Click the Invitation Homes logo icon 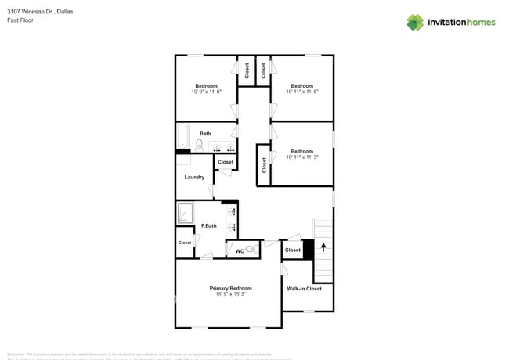tap(415, 22)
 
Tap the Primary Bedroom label tap(230, 288)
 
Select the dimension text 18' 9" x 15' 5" tap(230, 294)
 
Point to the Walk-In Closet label tap(304, 289)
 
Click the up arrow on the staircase tap(323, 247)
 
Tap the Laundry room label tap(194, 177)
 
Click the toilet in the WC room tap(251, 250)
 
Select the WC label tap(240, 251)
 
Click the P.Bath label tap(208, 226)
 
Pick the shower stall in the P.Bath tap(185, 213)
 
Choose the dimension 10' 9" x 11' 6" tap(206, 92)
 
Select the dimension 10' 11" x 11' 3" tap(301, 157)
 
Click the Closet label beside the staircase tap(292, 250)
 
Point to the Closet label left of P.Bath tap(185, 243)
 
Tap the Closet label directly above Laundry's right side tap(226, 162)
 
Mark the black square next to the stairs tap(308, 250)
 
